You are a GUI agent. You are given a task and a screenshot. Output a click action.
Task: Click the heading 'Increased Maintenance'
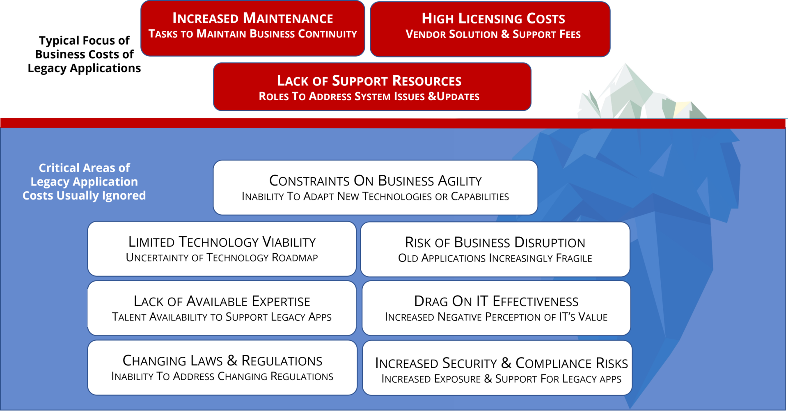pos(252,18)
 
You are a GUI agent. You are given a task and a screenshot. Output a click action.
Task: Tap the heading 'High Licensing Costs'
pos(493,18)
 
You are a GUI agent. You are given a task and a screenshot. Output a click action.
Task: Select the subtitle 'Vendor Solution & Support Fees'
pos(493,34)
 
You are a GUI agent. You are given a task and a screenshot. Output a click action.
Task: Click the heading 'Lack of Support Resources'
pos(369,81)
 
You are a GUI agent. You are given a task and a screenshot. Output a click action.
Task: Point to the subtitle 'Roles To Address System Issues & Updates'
pos(369,96)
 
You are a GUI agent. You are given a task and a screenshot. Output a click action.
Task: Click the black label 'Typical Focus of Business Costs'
pos(84,54)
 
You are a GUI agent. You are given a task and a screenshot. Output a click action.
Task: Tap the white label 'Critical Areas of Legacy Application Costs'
pos(84,181)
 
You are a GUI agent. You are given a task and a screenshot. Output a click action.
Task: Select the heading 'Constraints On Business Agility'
pos(376,181)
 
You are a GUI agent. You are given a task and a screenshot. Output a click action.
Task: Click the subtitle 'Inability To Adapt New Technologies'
pos(375,197)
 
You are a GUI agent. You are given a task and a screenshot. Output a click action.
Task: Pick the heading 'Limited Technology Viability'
pos(222,242)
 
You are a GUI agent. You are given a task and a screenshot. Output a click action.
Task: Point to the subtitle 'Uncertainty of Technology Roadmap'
pos(222,258)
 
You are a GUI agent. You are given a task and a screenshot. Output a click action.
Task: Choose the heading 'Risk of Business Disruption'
pos(495,243)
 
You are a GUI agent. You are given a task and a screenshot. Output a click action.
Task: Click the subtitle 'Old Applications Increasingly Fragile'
pos(495,258)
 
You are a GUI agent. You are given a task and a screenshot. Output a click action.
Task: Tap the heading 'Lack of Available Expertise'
pos(222,301)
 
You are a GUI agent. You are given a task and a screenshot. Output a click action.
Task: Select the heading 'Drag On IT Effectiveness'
pos(496,301)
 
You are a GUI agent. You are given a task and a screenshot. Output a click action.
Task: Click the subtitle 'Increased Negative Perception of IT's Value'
pos(496,317)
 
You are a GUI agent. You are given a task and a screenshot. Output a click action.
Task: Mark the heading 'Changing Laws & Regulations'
pos(222,361)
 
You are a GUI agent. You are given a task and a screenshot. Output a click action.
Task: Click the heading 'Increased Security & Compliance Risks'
pos(502,363)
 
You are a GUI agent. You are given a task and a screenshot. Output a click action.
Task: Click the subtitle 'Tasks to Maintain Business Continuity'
pos(252,34)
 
